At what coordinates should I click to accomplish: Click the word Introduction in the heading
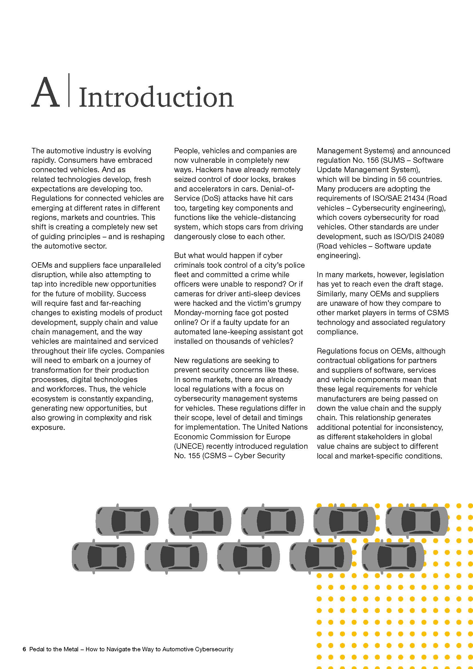(x=156, y=97)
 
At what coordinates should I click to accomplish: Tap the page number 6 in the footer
(x=24, y=649)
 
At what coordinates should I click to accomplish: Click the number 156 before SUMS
(x=373, y=160)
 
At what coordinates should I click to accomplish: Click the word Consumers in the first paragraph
(x=76, y=160)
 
